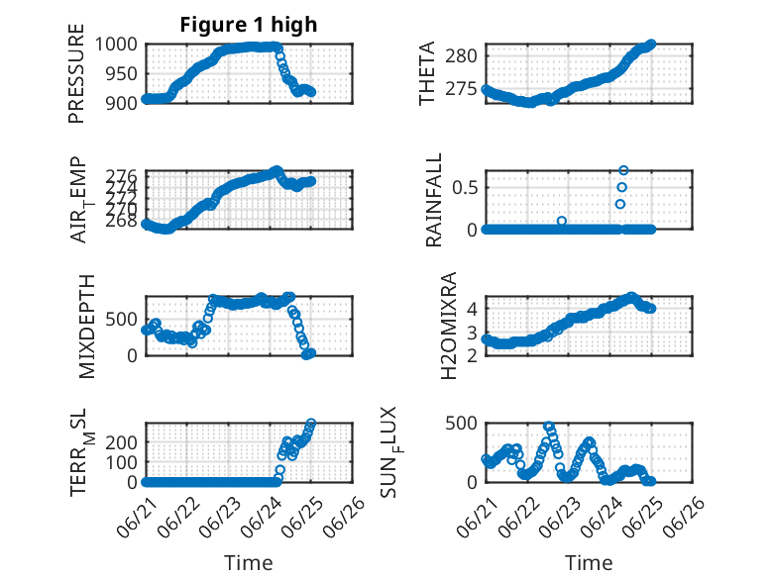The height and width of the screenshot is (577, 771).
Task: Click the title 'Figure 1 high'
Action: click(249, 25)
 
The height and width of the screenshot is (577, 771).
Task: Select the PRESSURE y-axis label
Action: click(76, 73)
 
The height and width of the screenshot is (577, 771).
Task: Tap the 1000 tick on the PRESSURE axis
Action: click(116, 45)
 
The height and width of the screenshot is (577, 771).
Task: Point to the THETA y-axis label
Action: click(427, 73)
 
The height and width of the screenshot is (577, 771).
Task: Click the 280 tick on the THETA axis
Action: click(461, 56)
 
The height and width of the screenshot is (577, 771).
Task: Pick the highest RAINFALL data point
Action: click(623, 170)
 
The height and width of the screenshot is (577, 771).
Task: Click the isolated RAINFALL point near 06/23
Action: click(562, 221)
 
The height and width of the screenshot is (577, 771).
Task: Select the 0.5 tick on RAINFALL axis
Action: click(465, 188)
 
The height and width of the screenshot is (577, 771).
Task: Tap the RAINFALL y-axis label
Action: click(434, 200)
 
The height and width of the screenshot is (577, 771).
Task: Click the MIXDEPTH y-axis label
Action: click(86, 327)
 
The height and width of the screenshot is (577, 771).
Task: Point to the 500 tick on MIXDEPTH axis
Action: click(122, 320)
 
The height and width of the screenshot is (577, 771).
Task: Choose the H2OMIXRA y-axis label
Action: click(449, 326)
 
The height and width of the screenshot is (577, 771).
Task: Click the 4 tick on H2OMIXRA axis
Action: click(472, 309)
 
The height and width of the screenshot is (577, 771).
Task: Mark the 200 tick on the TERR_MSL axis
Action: click(122, 442)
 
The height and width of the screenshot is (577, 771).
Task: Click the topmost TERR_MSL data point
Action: click(311, 423)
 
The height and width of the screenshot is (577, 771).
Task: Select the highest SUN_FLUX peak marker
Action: click(549, 426)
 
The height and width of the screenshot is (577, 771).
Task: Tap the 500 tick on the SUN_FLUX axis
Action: click(461, 423)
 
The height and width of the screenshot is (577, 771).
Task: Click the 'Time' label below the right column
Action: click(589, 562)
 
